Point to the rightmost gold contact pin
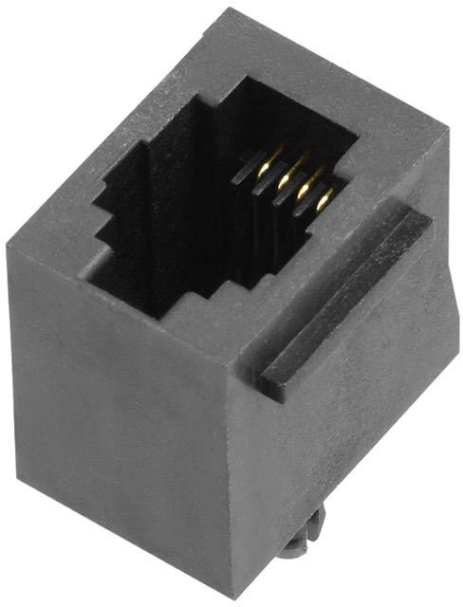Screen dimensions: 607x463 tap(324, 198)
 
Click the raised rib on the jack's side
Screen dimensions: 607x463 tap(346, 299)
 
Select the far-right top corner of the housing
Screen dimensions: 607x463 tap(447, 133)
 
